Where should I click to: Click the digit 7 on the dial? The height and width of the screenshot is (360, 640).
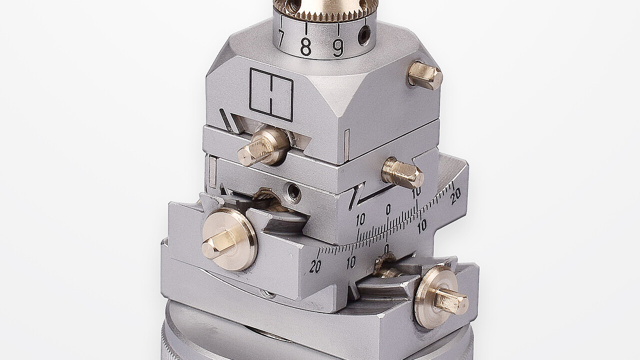click(x=280, y=39)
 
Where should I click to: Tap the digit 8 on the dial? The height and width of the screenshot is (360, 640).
click(x=305, y=47)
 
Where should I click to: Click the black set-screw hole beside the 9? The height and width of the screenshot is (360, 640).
click(x=365, y=34)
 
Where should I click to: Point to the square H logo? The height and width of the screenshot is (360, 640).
click(x=271, y=94)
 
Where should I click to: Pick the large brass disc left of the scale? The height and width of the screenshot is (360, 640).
click(x=229, y=239)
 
